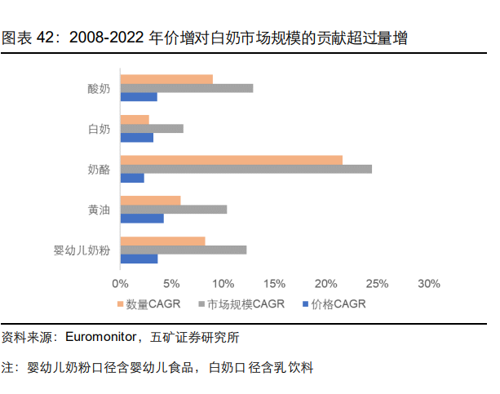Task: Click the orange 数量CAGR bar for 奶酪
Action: tap(231, 160)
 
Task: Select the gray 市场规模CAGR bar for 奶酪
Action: tap(246, 169)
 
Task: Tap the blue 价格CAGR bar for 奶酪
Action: tap(132, 178)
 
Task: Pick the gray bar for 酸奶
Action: tap(186, 88)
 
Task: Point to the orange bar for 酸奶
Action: tap(166, 79)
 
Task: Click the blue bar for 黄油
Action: tap(142, 218)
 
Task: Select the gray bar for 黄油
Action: tap(173, 209)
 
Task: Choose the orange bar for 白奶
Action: tap(135, 120)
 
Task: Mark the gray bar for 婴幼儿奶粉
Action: tap(183, 250)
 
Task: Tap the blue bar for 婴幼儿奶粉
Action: tap(139, 259)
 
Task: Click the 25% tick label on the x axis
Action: tap(377, 284)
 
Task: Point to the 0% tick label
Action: tap(120, 284)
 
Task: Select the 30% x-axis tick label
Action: tap(428, 284)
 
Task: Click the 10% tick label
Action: tap(223, 284)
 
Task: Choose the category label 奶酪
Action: tap(99, 169)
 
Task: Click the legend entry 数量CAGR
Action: tap(154, 304)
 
